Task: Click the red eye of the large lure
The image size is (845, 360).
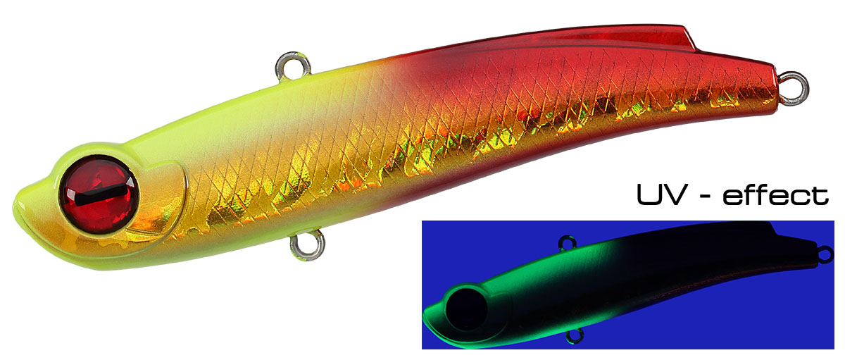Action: (x=99, y=194)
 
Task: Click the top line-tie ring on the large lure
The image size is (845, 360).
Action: (x=293, y=66)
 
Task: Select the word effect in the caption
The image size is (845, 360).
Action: (x=775, y=194)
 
